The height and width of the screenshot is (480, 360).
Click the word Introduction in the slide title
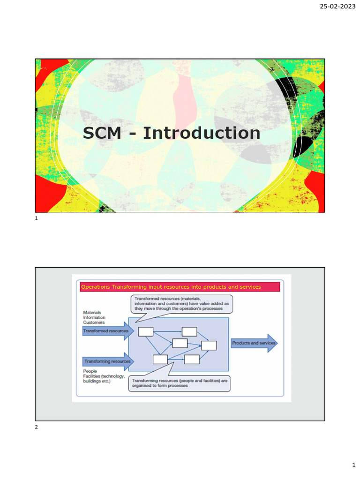point(202,133)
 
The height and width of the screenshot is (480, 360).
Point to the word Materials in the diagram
point(92,312)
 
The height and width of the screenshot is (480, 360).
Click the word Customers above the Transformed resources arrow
point(94,322)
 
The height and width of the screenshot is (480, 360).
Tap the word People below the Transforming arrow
point(90,371)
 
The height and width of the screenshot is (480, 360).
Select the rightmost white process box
point(209,345)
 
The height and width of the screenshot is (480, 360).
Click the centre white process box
point(180,343)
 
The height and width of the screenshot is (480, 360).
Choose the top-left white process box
point(146,332)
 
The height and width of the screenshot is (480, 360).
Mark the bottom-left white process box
point(160,360)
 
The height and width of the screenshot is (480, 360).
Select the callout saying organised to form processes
point(180,383)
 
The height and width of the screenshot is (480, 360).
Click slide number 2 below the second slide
point(37,427)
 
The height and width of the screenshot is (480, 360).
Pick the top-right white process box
point(189,332)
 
